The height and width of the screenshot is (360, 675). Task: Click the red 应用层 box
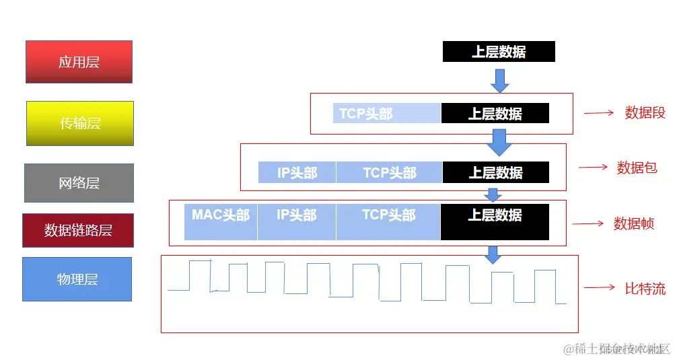coord(79,62)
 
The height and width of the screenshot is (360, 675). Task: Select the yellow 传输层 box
coord(79,123)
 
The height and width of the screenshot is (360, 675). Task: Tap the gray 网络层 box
coord(79,183)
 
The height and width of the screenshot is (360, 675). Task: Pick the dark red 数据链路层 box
coord(78,230)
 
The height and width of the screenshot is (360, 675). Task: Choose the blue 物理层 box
coord(77,279)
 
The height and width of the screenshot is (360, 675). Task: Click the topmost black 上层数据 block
coord(499,52)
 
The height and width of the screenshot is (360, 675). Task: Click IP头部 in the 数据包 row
coord(297,172)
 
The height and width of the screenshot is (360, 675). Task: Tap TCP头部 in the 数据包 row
coord(389,172)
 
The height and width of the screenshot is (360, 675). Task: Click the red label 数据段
coord(645,112)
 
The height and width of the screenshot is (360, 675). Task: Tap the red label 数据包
coord(637,168)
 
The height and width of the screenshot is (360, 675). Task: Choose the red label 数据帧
coord(633,223)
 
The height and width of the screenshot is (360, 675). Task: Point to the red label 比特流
coord(645,289)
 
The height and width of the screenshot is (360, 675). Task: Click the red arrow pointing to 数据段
coord(598,113)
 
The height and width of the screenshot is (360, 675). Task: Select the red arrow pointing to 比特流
coord(600,288)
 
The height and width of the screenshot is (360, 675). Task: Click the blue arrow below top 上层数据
coord(499,78)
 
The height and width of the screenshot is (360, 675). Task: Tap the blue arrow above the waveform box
coord(493,254)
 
